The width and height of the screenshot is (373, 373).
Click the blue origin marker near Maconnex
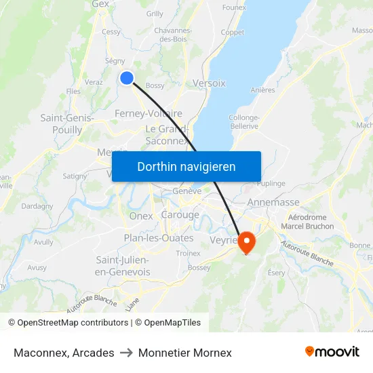coord(126,78)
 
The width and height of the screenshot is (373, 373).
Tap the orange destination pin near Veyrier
coord(245,241)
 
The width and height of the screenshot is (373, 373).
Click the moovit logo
coord(332,351)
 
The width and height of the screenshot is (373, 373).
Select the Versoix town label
coord(209,83)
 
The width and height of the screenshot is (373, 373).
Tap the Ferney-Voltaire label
coord(149,113)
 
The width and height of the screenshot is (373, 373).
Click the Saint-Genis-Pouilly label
coord(66,123)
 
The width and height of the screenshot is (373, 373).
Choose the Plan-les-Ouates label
coord(158,238)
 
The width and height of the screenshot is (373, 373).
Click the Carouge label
coord(180,215)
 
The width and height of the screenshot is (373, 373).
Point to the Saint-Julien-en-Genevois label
coord(123,266)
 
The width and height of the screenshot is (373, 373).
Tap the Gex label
coord(100,4)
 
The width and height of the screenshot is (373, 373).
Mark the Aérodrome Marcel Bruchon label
coord(307,222)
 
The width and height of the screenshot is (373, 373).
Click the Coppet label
coord(233,32)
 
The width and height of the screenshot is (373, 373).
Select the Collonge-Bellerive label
coord(244,121)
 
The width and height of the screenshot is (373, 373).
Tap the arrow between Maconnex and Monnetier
coord(126,353)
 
